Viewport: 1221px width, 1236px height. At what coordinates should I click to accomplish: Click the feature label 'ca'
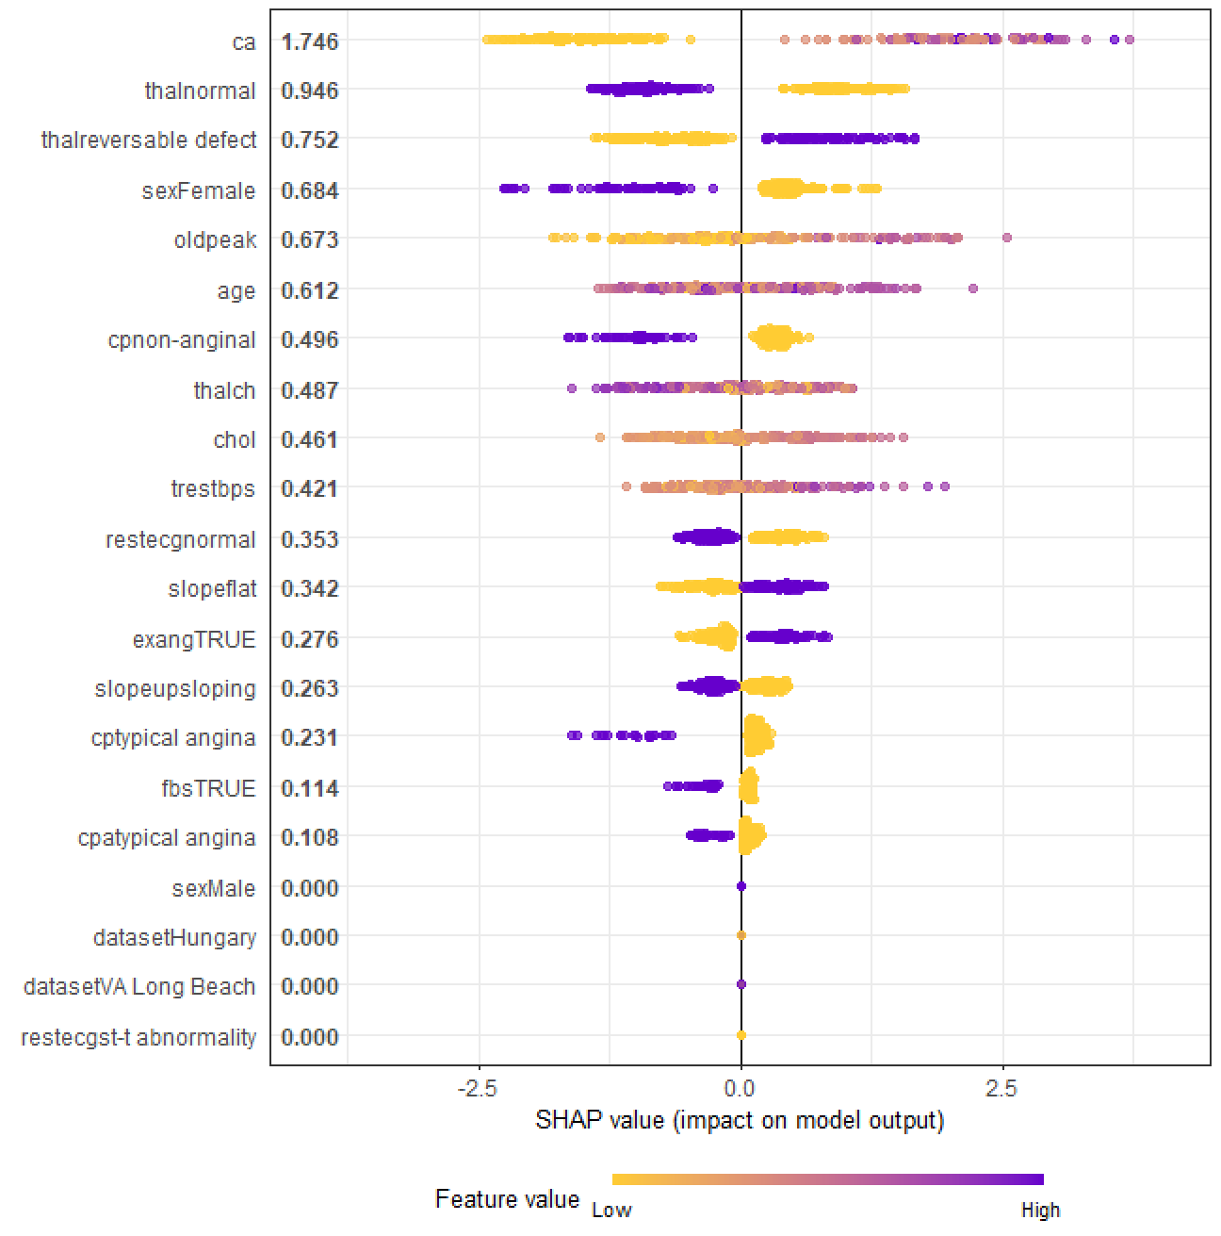(244, 42)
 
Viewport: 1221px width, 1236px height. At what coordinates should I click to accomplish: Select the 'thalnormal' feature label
(200, 91)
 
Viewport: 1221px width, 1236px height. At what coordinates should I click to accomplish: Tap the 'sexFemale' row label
(199, 190)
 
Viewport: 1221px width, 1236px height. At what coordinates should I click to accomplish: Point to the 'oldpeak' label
(216, 239)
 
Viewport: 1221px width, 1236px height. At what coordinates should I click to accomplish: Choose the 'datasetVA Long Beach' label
(139, 986)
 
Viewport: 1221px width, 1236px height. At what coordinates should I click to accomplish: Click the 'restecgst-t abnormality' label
(138, 1037)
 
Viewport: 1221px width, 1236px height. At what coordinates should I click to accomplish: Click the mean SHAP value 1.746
(310, 41)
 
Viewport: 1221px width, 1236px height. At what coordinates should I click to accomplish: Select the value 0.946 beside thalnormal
(310, 91)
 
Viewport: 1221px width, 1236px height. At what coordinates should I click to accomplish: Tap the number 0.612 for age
(310, 290)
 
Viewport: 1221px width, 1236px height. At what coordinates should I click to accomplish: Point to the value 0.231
(310, 737)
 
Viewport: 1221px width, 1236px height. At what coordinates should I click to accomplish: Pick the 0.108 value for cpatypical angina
(310, 837)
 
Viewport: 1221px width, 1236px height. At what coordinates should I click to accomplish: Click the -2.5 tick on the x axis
(477, 1089)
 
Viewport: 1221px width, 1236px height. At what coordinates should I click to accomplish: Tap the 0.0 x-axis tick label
(740, 1089)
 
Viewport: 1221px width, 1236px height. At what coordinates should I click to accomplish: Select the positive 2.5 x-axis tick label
(1001, 1089)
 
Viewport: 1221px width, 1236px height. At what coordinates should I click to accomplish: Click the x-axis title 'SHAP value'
(599, 1121)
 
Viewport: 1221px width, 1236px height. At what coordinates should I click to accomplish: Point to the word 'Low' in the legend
(611, 1211)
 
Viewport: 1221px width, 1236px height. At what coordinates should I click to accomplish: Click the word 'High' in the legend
(1041, 1211)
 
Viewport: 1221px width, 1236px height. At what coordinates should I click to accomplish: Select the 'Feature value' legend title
(507, 1199)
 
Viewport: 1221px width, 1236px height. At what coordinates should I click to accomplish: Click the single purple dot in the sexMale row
(741, 886)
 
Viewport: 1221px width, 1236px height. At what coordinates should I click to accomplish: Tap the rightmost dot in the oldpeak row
(1007, 238)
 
